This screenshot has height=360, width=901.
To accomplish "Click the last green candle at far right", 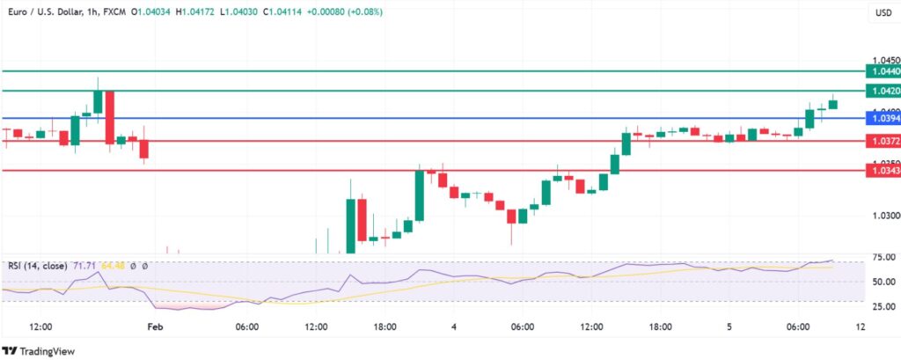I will (x=833, y=104).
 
